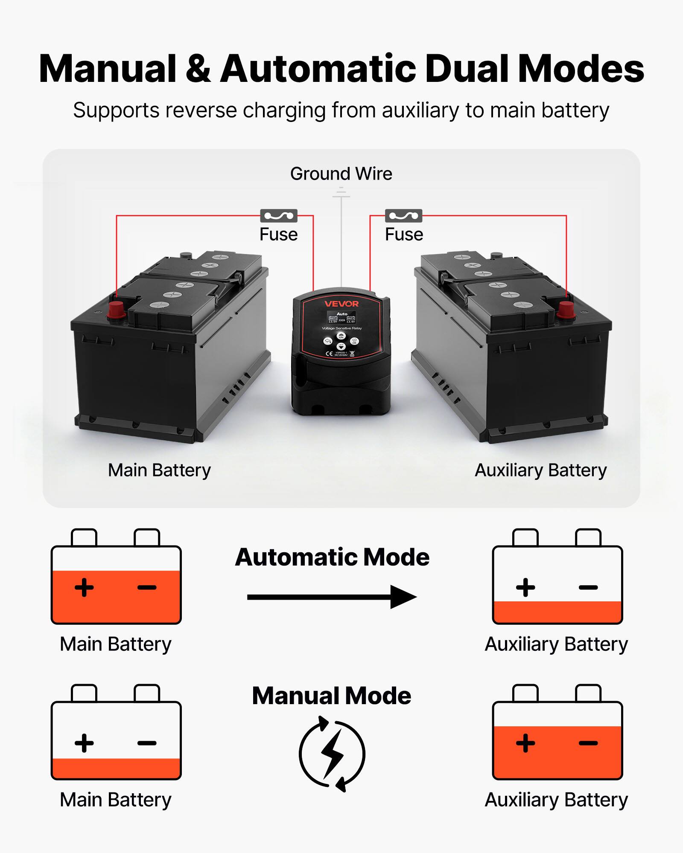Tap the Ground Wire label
(x=341, y=174)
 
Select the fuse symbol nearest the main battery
(x=279, y=216)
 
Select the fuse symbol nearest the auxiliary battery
(x=403, y=216)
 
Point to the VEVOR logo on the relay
(x=341, y=304)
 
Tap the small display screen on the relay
(x=341, y=318)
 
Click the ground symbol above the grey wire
(x=341, y=194)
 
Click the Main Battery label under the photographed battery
(x=159, y=470)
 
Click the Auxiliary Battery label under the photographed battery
(x=540, y=470)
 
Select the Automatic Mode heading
(x=332, y=557)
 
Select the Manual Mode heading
(x=332, y=696)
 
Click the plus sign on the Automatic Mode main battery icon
(x=84, y=587)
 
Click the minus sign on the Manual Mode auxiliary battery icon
(x=588, y=743)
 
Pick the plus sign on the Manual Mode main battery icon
(x=84, y=743)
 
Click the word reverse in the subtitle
(x=201, y=110)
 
